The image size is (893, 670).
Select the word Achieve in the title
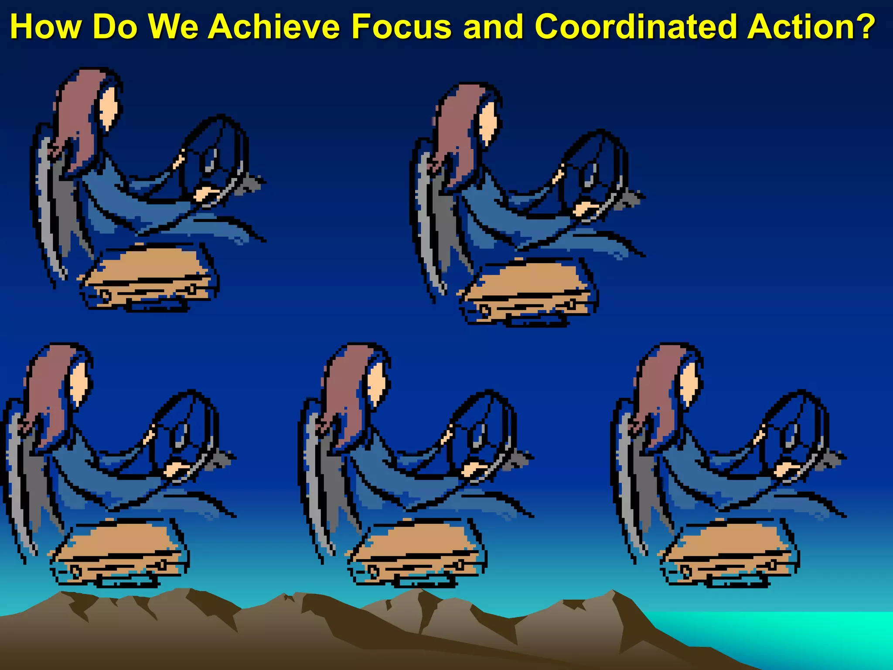(274, 27)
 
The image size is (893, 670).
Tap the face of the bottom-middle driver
(377, 384)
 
